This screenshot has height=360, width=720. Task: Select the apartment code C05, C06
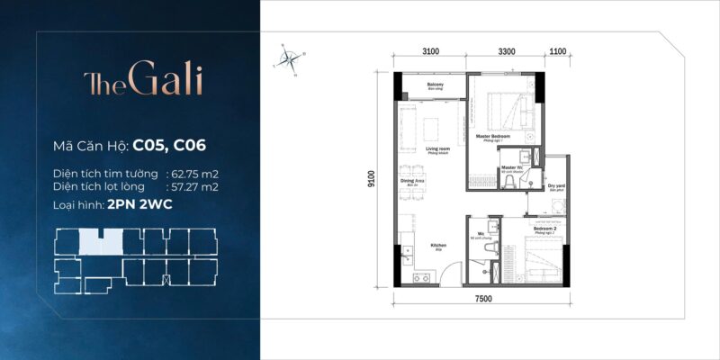pyautogui.click(x=176, y=144)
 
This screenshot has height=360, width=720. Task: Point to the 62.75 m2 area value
pyautogui.click(x=195, y=173)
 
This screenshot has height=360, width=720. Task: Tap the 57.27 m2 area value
pyautogui.click(x=195, y=186)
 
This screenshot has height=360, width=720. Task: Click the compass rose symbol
pyautogui.click(x=290, y=60)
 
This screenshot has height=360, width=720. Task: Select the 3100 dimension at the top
pyautogui.click(x=430, y=52)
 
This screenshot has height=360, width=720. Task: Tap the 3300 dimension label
pyautogui.click(x=506, y=52)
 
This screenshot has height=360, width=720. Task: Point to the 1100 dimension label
pyautogui.click(x=557, y=52)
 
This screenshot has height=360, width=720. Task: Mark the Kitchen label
pyautogui.click(x=412, y=245)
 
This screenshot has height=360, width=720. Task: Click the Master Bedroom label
pyautogui.click(x=493, y=138)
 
